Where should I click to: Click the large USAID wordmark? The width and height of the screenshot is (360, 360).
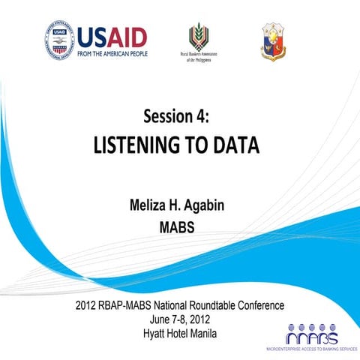tap(112, 35)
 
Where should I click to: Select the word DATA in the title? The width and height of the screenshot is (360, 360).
tap(235, 145)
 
